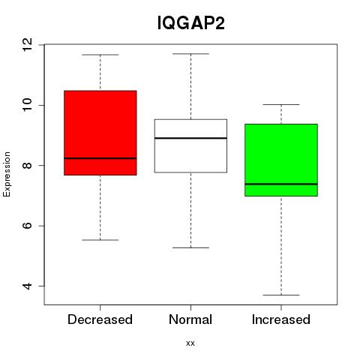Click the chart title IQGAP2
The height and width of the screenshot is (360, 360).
tap(191, 23)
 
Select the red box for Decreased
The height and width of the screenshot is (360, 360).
tap(100, 133)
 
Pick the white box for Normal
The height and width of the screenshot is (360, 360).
tap(190, 145)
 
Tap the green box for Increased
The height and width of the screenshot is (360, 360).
tap(281, 160)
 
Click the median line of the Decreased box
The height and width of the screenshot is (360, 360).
tap(100, 158)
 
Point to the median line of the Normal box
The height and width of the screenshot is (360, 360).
tap(190, 138)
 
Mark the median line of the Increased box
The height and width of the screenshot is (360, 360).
tap(281, 184)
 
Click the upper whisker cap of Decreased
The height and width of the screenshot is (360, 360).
tap(100, 55)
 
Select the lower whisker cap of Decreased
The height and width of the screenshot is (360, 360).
tap(100, 240)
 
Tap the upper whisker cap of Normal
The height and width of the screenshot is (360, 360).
tap(190, 54)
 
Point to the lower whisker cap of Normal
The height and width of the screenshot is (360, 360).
tap(190, 247)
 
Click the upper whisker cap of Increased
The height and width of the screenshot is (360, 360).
tap(281, 104)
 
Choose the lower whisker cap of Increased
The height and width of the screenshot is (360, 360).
tap(281, 295)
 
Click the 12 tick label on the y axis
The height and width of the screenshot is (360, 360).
tap(28, 44)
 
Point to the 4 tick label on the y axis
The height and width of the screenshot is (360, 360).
tap(28, 286)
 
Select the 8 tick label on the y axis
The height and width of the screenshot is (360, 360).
tap(28, 166)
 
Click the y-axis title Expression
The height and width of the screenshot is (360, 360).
tap(7, 174)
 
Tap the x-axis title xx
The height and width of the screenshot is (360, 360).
tap(190, 343)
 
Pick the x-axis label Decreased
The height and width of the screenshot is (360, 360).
tap(100, 319)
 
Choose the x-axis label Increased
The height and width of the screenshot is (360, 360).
tap(281, 319)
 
